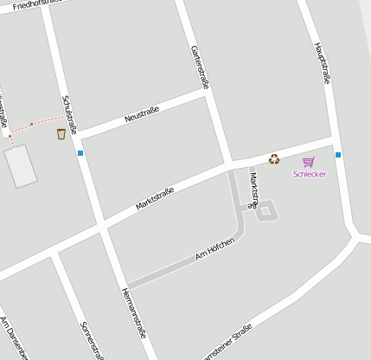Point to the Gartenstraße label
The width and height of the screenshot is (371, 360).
click(x=201, y=68)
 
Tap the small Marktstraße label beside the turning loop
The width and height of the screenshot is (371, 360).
click(x=253, y=190)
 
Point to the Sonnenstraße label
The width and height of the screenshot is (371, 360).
click(x=92, y=341)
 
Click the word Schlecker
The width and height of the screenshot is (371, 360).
click(x=310, y=174)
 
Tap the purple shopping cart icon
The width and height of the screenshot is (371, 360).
click(x=309, y=162)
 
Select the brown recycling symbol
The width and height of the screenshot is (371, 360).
click(x=274, y=158)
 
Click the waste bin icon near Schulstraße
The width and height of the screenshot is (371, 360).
click(x=61, y=134)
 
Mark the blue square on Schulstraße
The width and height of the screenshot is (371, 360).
click(x=80, y=153)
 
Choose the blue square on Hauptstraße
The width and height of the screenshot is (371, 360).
click(x=338, y=155)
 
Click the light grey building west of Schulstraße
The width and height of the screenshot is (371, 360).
click(x=21, y=165)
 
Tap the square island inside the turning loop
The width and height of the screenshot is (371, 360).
click(x=266, y=209)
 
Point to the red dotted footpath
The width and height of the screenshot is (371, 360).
click(x=35, y=124)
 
